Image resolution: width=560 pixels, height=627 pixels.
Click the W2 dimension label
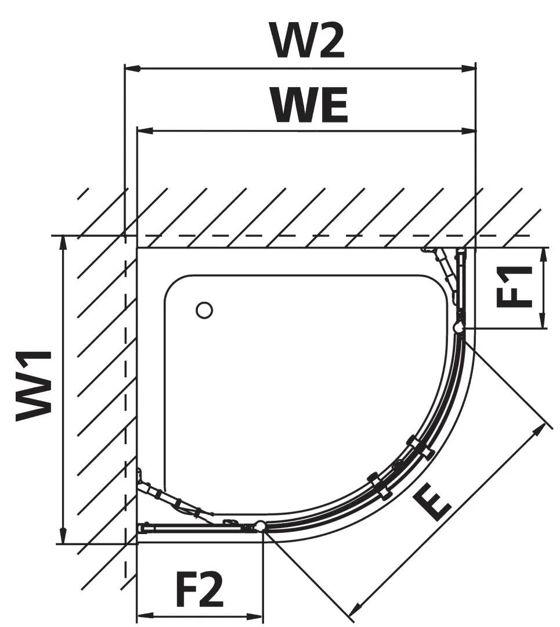pos(308,39)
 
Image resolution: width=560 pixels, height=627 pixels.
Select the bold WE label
pos(310,106)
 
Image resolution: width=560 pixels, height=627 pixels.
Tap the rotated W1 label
pos(34,386)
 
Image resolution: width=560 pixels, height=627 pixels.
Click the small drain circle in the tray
pos(204,310)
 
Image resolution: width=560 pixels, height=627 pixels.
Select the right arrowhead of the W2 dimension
pos(468,69)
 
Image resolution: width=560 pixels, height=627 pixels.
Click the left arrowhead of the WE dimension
pos(145,131)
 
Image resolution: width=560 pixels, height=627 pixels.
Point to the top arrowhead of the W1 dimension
pos(63,243)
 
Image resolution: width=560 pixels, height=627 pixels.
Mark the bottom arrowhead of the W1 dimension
pos(63,536)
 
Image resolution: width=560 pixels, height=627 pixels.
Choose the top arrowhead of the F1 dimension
pos(543,255)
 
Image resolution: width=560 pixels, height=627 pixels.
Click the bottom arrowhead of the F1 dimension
pos(543,320)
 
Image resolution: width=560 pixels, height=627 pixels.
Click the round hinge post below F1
pos(459,328)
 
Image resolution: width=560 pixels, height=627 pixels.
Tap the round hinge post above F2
pos(260,526)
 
